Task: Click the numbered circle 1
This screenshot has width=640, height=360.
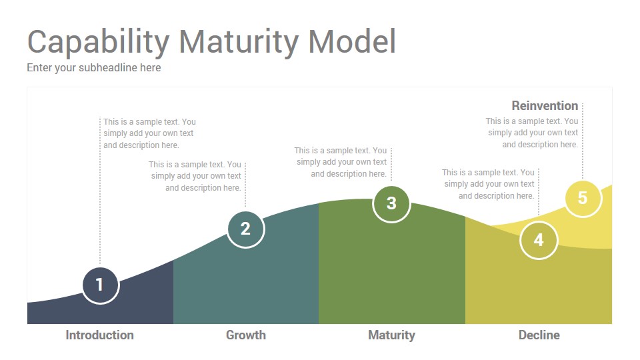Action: coord(101,285)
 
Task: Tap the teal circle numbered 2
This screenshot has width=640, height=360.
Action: coord(246,229)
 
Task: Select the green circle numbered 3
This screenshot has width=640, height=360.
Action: coord(391,204)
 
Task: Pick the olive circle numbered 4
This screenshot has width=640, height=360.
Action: coord(539,240)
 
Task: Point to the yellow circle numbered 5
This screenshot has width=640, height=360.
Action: coord(583,199)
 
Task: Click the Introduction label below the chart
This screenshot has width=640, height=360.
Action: coord(99,335)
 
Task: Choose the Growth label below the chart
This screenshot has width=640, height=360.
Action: coord(246,335)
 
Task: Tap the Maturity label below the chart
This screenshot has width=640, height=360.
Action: coord(391,335)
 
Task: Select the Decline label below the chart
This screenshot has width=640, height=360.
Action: coord(539,335)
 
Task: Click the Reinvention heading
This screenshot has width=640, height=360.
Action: coord(545,106)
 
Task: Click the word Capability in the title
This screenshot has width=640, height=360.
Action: coord(99,43)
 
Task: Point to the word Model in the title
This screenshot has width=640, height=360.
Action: coord(352,41)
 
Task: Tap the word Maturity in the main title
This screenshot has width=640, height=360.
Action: coord(239,43)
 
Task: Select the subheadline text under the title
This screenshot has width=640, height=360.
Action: coord(94,68)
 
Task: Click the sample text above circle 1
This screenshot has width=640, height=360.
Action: coord(149,133)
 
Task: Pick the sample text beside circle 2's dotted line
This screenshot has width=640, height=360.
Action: coord(195,176)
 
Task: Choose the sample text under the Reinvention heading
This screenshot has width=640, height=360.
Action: coord(532,133)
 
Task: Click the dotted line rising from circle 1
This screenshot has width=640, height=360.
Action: coord(100,191)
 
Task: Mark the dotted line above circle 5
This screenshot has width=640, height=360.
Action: coord(583,141)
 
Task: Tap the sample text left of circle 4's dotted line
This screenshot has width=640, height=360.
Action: coord(488,184)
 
